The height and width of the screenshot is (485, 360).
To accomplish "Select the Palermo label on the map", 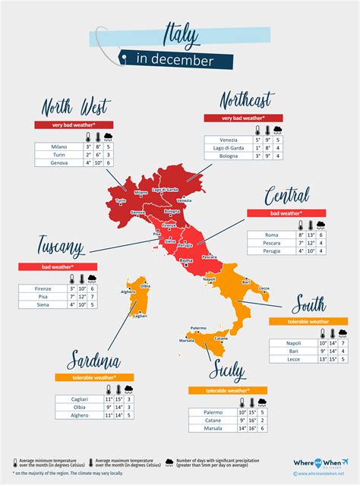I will click(x=198, y=328).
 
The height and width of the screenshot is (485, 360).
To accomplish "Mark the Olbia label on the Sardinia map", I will click(x=145, y=285).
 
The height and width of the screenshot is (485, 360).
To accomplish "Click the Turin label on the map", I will click(x=119, y=201).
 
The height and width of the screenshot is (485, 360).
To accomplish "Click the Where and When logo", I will click(x=314, y=462).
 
